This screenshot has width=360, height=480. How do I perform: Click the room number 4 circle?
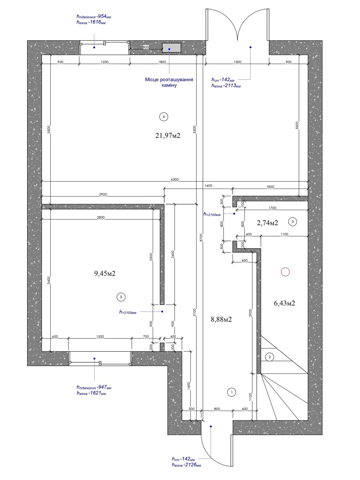(x=163, y=117)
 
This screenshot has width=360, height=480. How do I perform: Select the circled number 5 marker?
(x=121, y=297)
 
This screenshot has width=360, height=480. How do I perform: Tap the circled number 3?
(x=292, y=222)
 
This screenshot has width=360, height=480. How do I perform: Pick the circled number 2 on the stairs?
(x=269, y=357)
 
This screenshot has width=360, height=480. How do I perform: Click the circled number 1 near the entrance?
(x=232, y=392)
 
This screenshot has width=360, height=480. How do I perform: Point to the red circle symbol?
(x=285, y=272)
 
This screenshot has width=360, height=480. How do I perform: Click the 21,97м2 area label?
(x=168, y=136)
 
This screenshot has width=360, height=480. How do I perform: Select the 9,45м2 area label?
(x=105, y=273)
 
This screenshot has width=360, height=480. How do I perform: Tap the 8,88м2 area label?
(x=221, y=319)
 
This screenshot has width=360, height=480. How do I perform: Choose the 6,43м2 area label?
(x=284, y=303)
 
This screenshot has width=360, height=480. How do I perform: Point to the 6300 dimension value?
(x=175, y=179)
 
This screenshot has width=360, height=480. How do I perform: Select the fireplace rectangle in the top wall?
(x=171, y=48)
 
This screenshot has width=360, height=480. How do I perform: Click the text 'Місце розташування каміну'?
(x=169, y=82)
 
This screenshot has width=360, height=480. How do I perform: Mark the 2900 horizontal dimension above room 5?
(x=103, y=194)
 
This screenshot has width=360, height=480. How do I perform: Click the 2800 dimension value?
(x=101, y=217)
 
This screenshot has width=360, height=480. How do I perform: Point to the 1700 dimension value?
(x=273, y=208)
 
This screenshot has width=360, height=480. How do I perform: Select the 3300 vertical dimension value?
(x=297, y=125)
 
